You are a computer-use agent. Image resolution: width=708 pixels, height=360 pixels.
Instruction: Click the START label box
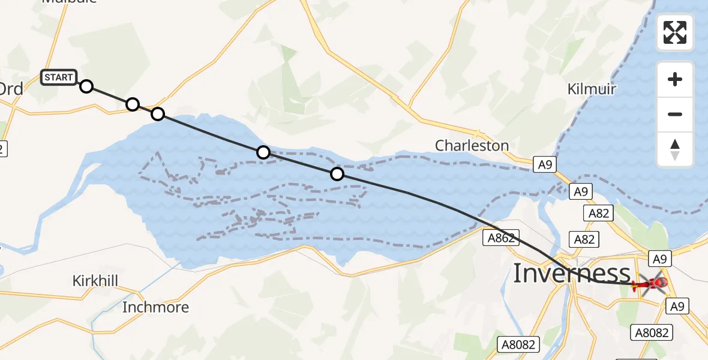coord(59,77)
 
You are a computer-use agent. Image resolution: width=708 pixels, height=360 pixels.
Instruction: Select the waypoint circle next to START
coord(86,86)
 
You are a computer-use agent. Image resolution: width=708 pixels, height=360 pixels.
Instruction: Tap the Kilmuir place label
coord(592,89)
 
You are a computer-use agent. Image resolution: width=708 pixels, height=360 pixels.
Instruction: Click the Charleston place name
coord(472,145)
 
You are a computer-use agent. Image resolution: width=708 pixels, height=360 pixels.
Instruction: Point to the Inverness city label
coord(571,274)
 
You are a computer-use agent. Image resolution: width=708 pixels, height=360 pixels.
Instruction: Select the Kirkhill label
coord(95,281)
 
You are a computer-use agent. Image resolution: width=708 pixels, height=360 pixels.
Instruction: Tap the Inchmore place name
coord(155,307)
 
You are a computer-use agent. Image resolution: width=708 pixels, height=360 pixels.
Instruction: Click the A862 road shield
coord(500,238)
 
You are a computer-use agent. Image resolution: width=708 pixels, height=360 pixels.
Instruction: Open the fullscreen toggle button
coord(675,32)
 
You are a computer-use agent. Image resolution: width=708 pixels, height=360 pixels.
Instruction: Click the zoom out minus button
coord(675,114)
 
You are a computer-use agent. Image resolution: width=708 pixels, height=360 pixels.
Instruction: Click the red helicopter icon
coord(653,283)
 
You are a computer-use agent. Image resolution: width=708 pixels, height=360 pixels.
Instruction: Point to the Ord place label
coord(11,89)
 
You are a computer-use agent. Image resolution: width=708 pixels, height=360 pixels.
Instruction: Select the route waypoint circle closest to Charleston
coord(337,174)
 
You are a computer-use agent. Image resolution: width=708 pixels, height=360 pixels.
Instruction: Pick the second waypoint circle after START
coord(133,105)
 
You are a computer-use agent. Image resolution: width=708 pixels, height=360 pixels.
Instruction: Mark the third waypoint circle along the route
coord(157,114)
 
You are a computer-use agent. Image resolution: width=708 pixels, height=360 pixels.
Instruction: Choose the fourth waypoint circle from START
coord(263,152)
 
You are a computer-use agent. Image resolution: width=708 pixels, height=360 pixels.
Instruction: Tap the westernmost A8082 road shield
coord(519,344)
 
